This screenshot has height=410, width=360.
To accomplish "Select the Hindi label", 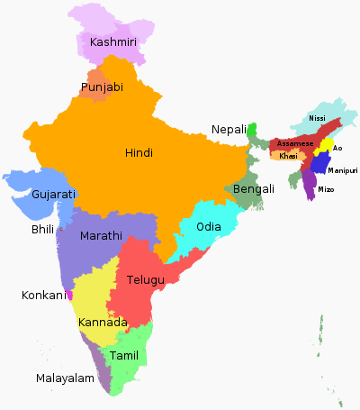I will [x=139, y=153].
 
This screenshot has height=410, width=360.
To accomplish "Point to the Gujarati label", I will [x=53, y=195].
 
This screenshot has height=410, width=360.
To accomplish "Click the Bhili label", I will [x=42, y=231].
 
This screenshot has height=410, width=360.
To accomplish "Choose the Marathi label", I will [x=102, y=236].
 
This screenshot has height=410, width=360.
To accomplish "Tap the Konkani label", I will [x=44, y=295].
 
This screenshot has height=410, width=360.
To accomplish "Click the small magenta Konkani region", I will [x=70, y=294].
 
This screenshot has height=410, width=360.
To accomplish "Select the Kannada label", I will [x=103, y=323].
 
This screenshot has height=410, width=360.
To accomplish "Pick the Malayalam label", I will [x=65, y=378].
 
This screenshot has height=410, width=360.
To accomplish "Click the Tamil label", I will [x=124, y=356].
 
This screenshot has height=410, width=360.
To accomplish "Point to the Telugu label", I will [x=146, y=280].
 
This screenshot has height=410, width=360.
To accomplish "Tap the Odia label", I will [x=208, y=226].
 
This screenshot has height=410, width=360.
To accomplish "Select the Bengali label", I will [x=254, y=189].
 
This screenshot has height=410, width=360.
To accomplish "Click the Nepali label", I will [x=229, y=130].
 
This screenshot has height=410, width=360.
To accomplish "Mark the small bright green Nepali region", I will [x=253, y=130].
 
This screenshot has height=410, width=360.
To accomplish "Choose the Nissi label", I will [x=317, y=118].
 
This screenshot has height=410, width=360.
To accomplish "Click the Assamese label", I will [x=295, y=143].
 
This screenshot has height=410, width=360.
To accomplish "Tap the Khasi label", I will [x=288, y=156].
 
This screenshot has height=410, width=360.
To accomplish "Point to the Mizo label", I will [x=326, y=189].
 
